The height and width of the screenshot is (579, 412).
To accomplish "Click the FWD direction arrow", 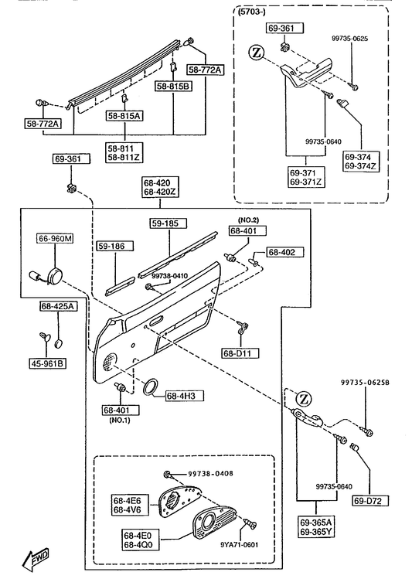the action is [x=36, y=557].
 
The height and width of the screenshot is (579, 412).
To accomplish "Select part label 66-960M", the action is [x=55, y=239].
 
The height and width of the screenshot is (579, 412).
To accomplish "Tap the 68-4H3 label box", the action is [x=185, y=397].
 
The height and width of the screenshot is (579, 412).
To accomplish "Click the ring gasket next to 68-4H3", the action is [x=151, y=387].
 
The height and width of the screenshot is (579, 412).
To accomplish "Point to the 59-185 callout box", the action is [x=169, y=223].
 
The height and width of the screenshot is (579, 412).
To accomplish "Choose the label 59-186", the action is [x=115, y=246].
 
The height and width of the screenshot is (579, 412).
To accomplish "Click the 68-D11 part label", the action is [x=240, y=353].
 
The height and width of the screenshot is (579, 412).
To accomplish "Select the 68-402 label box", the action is [x=285, y=252].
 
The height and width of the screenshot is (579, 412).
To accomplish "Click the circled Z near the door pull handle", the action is [x=304, y=399].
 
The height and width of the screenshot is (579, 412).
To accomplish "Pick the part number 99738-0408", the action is [x=210, y=473].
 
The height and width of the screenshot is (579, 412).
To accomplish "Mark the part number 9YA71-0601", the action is [x=240, y=545].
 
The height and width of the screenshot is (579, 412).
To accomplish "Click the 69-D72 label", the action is [x=371, y=501].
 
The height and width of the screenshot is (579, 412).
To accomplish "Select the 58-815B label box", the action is [x=173, y=87].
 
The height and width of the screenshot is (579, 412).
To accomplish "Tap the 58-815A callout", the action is [x=124, y=116].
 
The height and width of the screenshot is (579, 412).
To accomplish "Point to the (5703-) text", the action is [x=252, y=12].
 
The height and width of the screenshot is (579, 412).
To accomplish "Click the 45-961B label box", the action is [x=48, y=364].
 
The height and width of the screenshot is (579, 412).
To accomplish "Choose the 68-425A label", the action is [x=59, y=306].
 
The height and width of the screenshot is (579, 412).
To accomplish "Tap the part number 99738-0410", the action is [x=170, y=276].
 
